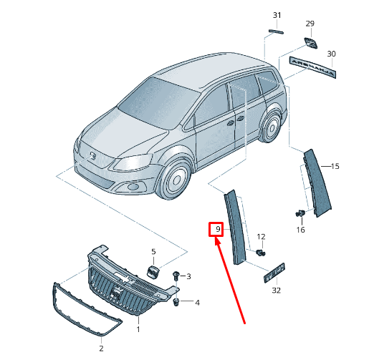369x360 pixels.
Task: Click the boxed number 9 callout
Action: pyautogui.click(x=216, y=230)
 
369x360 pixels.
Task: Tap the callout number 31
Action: pyautogui.click(x=277, y=15)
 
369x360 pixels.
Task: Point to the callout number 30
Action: pyautogui.click(x=330, y=54)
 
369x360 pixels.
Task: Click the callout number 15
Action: pyautogui.click(x=335, y=167)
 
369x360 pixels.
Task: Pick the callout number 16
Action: pyautogui.click(x=300, y=229)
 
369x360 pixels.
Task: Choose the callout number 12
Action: pyautogui.click(x=261, y=236)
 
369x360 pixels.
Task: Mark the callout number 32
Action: pyautogui.click(x=277, y=291)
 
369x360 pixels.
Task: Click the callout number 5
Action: pyautogui.click(x=153, y=252)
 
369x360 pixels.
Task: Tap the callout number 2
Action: pyautogui.click(x=101, y=348)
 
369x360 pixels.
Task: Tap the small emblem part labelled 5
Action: pyautogui.click(x=153, y=271)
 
